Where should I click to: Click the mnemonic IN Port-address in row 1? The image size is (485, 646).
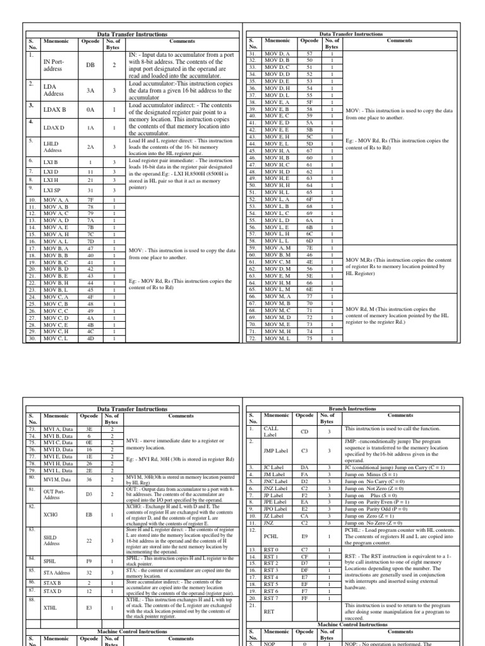tap(54, 64)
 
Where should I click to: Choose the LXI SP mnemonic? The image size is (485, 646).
tap(51, 190)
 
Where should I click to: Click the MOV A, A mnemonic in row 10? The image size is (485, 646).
tap(56, 200)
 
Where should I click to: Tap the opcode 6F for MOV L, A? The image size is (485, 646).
tap(309, 199)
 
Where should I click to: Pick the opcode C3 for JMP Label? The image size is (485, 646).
tap(304, 451)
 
